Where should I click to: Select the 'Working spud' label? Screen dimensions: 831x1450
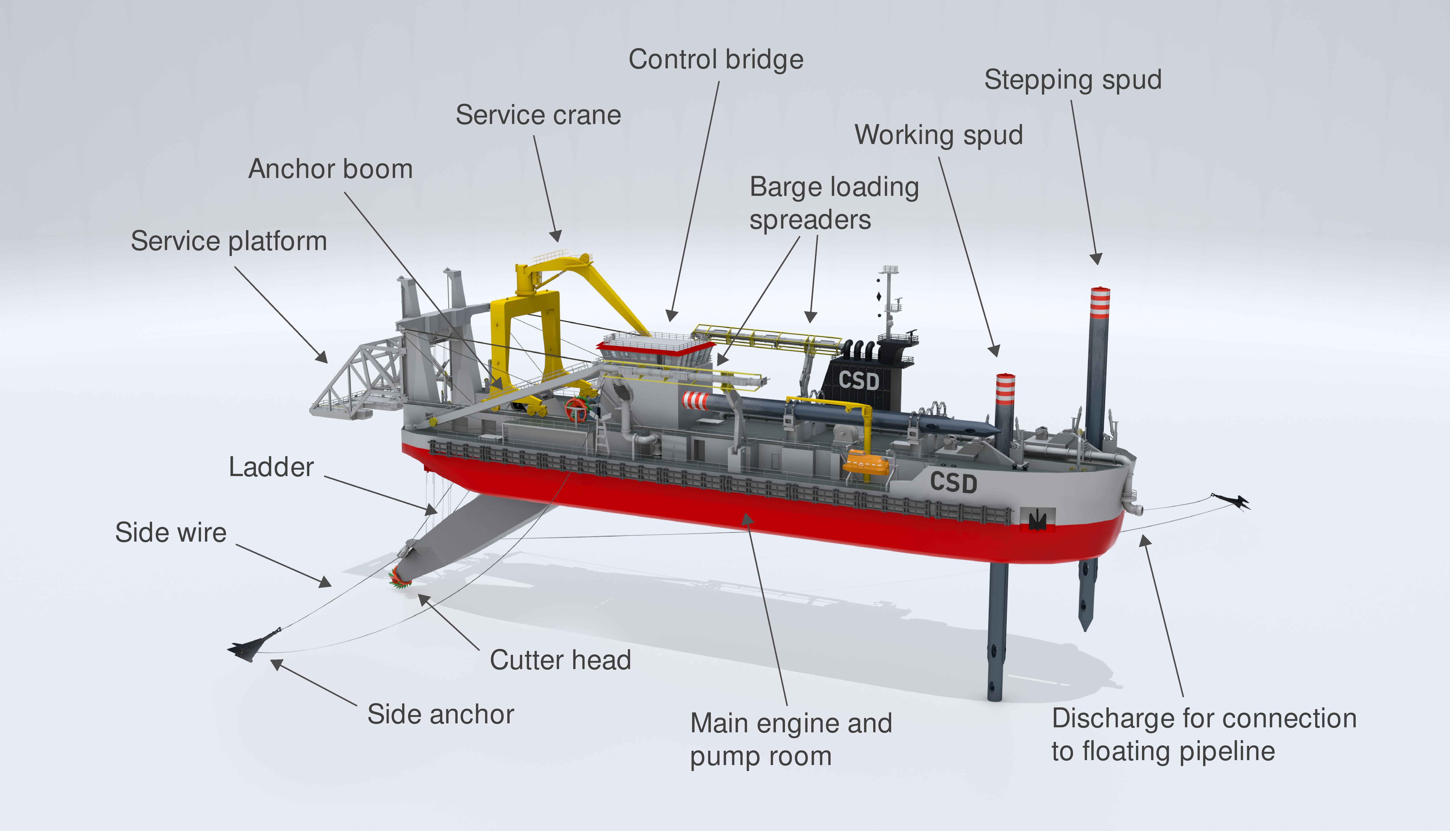938,135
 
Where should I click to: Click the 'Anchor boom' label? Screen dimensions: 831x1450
330,169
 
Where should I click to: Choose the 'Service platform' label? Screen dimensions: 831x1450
229,241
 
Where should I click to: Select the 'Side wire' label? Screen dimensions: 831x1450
171,532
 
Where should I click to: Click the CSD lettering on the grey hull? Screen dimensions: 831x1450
953,482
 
